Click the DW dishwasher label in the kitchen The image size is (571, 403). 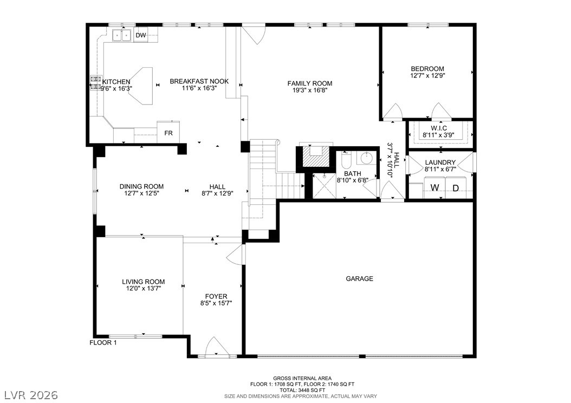pyautogui.click(x=140, y=35)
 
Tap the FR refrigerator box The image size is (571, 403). pyautogui.click(x=168, y=132)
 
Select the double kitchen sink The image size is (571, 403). pyautogui.click(x=121, y=35)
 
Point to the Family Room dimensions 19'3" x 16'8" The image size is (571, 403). pyautogui.click(x=310, y=90)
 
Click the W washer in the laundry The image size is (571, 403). pyautogui.click(x=435, y=188)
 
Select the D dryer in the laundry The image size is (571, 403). pyautogui.click(x=456, y=188)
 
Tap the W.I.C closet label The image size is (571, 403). pyautogui.click(x=438, y=128)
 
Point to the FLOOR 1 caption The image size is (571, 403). pyautogui.click(x=103, y=342)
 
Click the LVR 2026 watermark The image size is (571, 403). pyautogui.click(x=31, y=395)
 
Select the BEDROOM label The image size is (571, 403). pyautogui.click(x=427, y=69)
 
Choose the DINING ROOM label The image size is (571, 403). pyautogui.click(x=141, y=187)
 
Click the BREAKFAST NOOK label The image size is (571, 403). pyautogui.click(x=199, y=81)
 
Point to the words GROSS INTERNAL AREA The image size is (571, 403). pyautogui.click(x=302, y=379)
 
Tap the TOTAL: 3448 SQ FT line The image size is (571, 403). pyautogui.click(x=302, y=390)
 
